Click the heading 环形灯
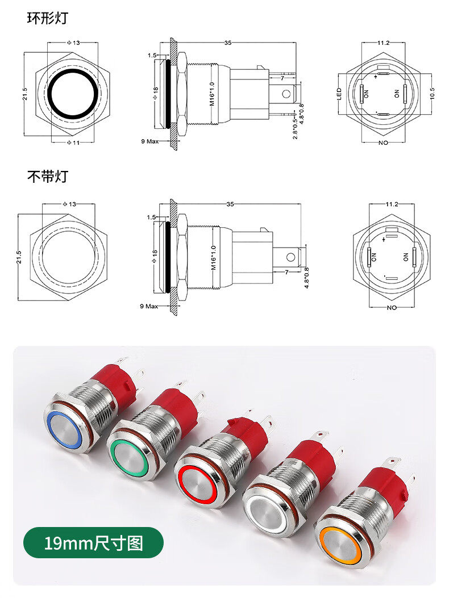[47, 18]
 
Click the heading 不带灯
[47, 176]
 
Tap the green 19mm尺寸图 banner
[94, 542]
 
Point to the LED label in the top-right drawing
[339, 94]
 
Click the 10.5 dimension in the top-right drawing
[432, 94]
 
